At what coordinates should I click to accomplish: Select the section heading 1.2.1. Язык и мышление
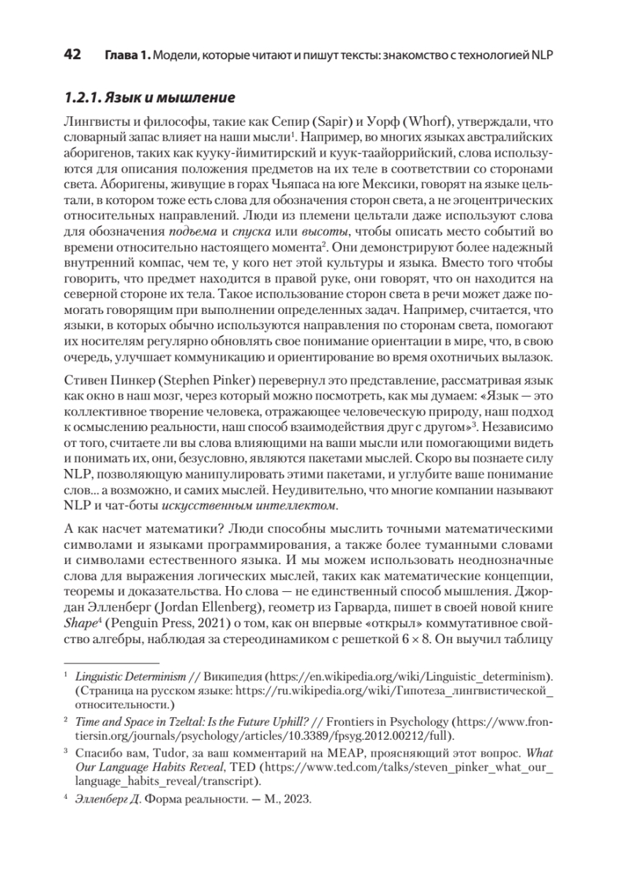click(149, 97)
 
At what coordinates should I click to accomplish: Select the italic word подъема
click(188, 233)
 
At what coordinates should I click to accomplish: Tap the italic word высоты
click(310, 233)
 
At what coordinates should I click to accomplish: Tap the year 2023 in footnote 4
click(298, 799)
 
